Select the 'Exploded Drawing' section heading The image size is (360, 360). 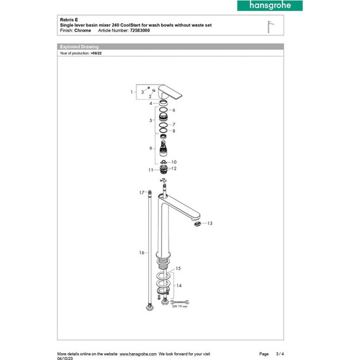tap(79, 47)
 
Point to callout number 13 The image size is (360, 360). tap(210, 224)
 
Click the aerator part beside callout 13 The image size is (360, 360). tap(198, 224)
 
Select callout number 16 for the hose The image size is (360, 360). tap(142, 252)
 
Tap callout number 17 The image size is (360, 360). tap(142, 191)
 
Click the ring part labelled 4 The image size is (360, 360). tap(163, 103)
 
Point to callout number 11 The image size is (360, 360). tap(151, 170)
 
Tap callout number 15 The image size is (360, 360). tap(178, 268)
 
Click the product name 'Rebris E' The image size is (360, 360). tap(69, 20)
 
